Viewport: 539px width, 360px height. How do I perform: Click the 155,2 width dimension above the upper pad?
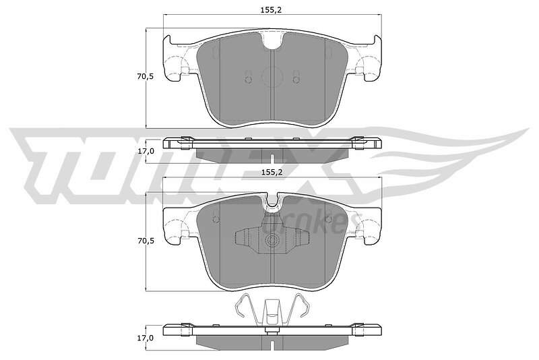[272, 10]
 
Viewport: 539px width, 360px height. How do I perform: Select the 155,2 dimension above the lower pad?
[272, 173]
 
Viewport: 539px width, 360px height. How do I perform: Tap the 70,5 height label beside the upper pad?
[146, 77]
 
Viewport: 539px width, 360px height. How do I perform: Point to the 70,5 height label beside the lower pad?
[146, 241]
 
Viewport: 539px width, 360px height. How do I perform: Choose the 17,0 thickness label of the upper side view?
[146, 151]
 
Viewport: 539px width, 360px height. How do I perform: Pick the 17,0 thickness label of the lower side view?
[146, 338]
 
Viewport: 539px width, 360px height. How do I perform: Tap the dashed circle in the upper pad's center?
[272, 77]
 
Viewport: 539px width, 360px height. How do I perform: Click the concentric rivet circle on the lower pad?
[272, 241]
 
